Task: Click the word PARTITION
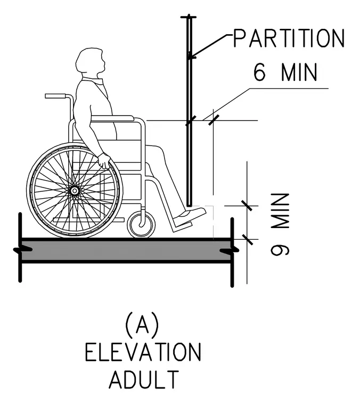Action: [x=289, y=38]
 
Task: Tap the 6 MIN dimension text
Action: [x=285, y=72]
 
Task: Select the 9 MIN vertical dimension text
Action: [x=280, y=224]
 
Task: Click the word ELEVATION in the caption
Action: [x=143, y=352]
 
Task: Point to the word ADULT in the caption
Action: [x=144, y=379]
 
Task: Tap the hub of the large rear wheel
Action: [x=75, y=191]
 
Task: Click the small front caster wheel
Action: [x=142, y=224]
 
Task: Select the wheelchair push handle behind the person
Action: [x=58, y=96]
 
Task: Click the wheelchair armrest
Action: [x=112, y=118]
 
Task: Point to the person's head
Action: [x=91, y=62]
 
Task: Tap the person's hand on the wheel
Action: [x=104, y=160]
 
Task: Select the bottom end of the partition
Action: [x=190, y=206]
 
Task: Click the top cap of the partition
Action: [x=189, y=17]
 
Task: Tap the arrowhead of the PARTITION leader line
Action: [x=191, y=57]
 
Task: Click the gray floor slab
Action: [x=126, y=250]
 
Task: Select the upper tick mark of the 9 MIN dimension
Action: [x=247, y=206]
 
